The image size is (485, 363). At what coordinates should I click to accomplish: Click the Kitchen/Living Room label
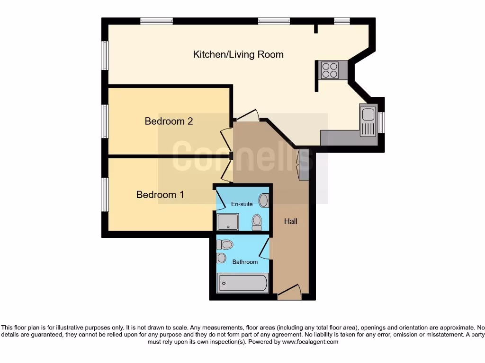tap(238, 54)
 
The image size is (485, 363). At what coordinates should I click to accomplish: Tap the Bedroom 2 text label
tap(169, 121)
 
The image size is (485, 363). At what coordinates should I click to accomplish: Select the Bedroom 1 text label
tap(160, 195)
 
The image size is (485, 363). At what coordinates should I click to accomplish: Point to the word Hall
tap(290, 221)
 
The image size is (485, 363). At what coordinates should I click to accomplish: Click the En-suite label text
tap(242, 204)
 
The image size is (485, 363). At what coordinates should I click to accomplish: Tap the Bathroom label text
tap(245, 262)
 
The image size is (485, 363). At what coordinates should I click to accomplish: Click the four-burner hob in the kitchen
tap(330, 70)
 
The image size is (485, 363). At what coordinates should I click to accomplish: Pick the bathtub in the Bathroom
tap(242, 284)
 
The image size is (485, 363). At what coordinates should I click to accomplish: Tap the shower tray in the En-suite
tap(228, 221)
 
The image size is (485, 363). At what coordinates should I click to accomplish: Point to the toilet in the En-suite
tap(257, 221)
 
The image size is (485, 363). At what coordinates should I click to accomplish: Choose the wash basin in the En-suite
tap(263, 200)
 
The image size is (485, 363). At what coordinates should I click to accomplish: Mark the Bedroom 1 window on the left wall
tap(105, 194)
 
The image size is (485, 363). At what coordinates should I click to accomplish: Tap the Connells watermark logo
tap(242, 156)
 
